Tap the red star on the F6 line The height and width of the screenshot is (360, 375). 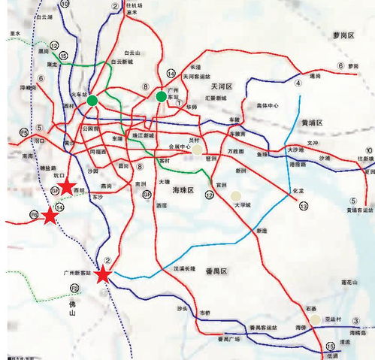50,216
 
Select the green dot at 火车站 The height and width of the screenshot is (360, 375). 92,101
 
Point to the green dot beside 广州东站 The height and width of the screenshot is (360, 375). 160,96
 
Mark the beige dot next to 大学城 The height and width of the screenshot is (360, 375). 236,195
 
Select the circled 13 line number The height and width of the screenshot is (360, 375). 304,205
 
